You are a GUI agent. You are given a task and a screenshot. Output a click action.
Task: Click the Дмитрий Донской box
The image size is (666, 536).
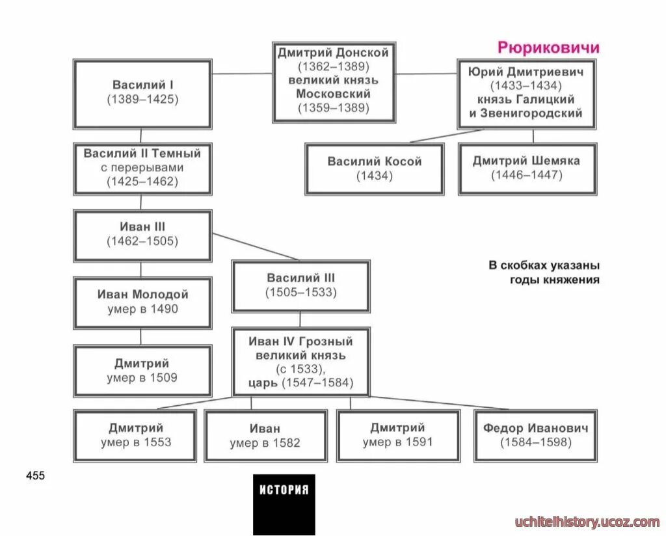point(334,81)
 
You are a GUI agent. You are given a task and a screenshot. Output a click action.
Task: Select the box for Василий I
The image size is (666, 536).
point(142,94)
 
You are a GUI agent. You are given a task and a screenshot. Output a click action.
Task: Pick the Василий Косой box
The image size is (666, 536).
point(375,168)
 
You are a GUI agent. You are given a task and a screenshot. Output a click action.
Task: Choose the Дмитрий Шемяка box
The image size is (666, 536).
point(527,168)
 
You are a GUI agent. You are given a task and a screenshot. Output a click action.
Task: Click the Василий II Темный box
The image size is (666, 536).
point(142,168)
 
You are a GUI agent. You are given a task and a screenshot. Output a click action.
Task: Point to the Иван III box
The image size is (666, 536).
point(142,234)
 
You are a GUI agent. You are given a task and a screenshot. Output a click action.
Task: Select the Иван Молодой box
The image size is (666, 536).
point(142,302)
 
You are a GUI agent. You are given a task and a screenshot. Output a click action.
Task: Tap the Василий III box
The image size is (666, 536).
point(300,286)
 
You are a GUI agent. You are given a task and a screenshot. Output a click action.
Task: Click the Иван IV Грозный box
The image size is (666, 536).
point(300,361)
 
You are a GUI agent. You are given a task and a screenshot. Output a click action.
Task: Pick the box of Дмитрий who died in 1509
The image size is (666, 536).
point(142,370)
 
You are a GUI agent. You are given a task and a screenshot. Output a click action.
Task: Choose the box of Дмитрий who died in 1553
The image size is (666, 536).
point(135,435)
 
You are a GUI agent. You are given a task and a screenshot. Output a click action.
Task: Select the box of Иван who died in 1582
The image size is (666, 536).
point(265,435)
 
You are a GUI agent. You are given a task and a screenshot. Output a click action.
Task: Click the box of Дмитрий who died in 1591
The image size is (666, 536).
point(397,435)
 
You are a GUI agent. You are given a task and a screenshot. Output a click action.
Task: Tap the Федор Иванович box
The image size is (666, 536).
point(535,435)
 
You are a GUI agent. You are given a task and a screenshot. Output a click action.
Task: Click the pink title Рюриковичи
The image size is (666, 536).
point(548,47)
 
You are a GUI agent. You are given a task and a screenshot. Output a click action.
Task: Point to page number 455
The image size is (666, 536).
point(36,476)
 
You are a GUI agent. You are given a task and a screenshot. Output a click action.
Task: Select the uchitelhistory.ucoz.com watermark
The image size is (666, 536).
point(587,522)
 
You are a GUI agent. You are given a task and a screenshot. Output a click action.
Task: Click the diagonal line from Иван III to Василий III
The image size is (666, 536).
point(255,246)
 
